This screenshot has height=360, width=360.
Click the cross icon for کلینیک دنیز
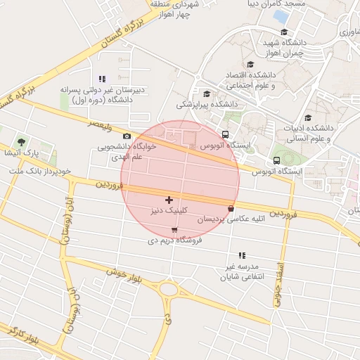pyautogui.click(x=169, y=200)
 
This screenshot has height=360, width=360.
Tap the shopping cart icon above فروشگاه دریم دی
pyautogui.click(x=174, y=230)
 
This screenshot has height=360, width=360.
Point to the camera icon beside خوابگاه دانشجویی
pyautogui.click(x=127, y=136)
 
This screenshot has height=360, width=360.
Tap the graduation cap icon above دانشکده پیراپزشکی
pyautogui.click(x=207, y=94)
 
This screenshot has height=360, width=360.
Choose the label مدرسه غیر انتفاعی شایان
pyautogui.click(x=242, y=271)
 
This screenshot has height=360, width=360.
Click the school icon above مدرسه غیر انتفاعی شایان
pyautogui.click(x=242, y=255)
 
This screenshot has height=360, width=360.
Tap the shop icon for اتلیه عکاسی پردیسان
pyautogui.click(x=231, y=207)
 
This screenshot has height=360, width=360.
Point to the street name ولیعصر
pyautogui.click(x=99, y=124)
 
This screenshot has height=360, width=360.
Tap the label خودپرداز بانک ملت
pyautogui.click(x=37, y=171)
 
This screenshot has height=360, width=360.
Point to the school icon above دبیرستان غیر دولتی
pyautogui.click(x=103, y=79)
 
